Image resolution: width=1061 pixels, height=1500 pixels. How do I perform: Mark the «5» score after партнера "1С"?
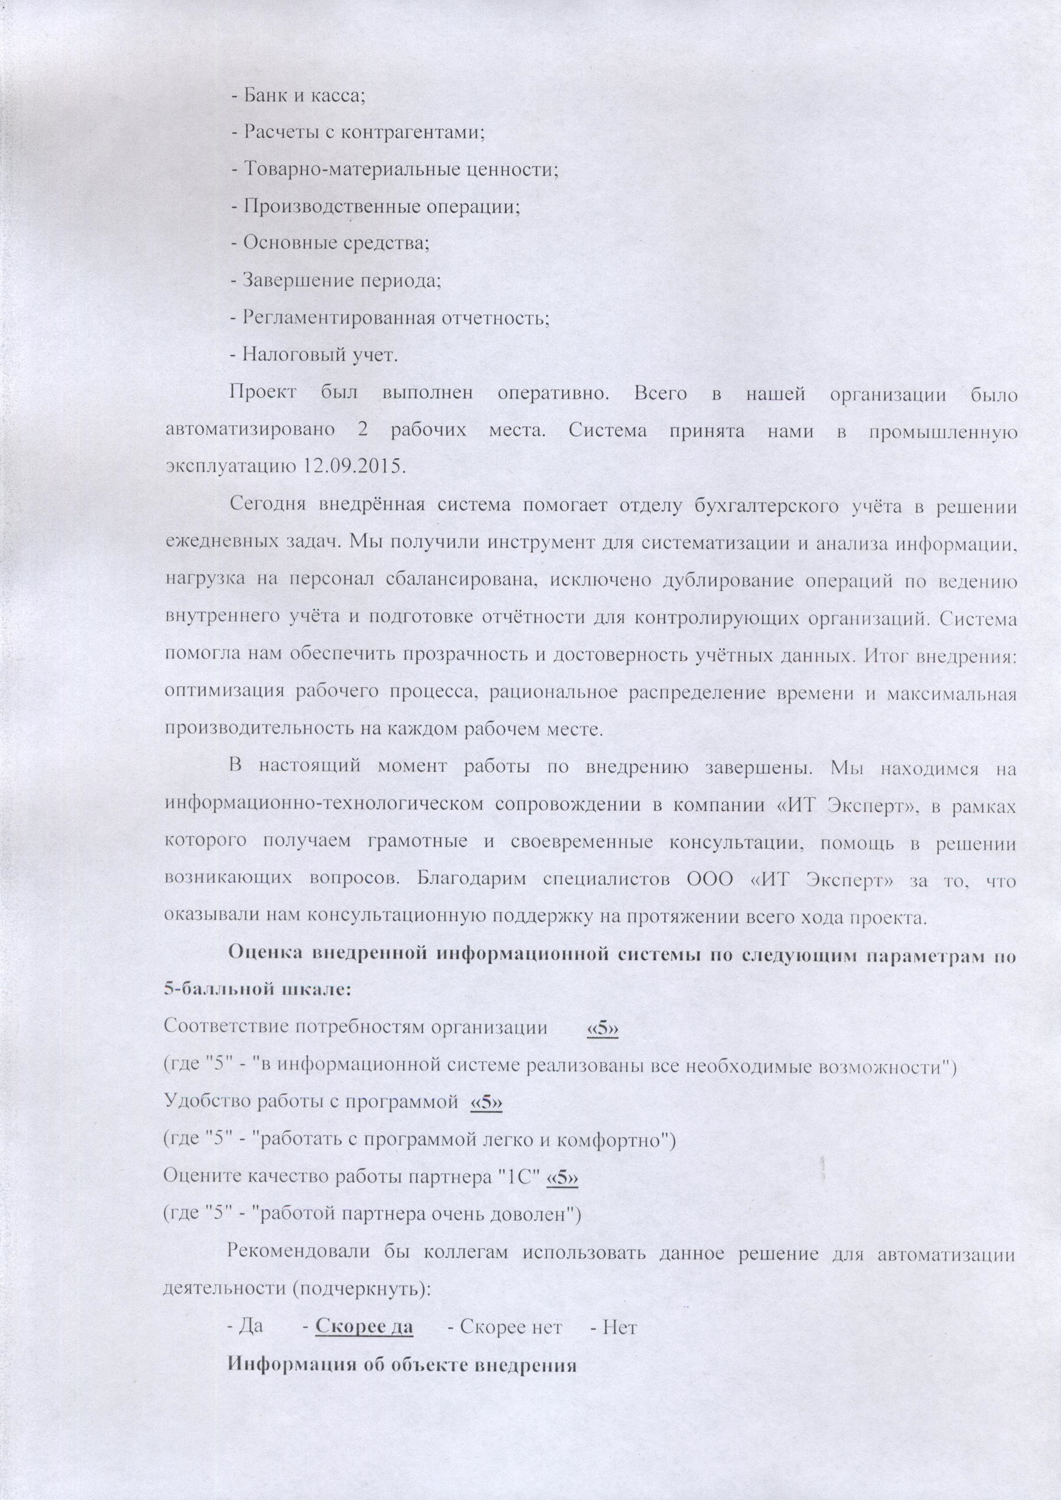click(563, 1177)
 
